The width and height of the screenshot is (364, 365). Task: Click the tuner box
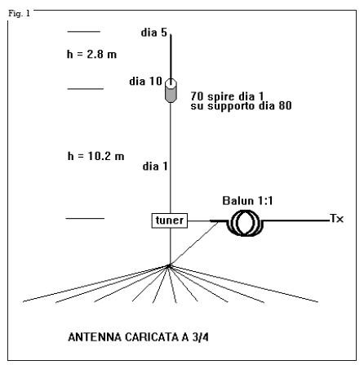(170, 220)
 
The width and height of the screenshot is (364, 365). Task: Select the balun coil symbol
(246, 223)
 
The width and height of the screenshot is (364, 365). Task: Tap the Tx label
(336, 219)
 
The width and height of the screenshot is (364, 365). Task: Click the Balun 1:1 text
(247, 201)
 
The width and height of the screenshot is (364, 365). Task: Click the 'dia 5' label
(153, 33)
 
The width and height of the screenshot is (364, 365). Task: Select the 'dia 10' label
(145, 81)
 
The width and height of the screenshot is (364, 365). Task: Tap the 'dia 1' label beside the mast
(155, 166)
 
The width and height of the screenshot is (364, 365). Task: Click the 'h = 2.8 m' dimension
(91, 54)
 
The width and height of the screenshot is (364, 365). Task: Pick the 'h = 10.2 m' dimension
(95, 156)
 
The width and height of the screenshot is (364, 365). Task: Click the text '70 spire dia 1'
(227, 96)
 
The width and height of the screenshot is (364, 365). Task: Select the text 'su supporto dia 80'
(241, 106)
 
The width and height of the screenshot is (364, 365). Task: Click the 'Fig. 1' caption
(19, 13)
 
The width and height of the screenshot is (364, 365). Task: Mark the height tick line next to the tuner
(85, 218)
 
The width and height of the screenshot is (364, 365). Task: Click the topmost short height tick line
(84, 32)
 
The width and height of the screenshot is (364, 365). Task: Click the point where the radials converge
(169, 265)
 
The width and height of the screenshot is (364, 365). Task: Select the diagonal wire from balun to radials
(193, 243)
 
